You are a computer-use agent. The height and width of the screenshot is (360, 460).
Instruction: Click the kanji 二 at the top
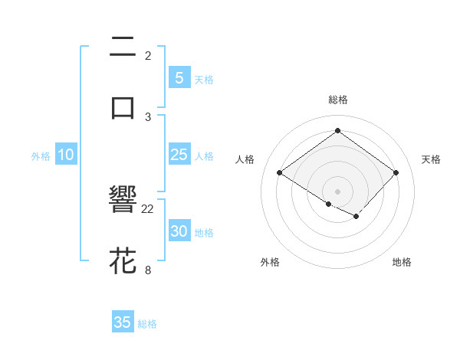tap(123, 48)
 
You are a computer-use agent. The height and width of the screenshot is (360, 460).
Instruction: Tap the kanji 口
tap(123, 107)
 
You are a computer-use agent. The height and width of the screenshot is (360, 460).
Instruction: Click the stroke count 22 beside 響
tap(148, 209)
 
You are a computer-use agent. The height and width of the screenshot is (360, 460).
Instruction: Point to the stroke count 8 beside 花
tap(148, 270)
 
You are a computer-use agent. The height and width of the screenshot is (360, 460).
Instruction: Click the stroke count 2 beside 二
tap(148, 56)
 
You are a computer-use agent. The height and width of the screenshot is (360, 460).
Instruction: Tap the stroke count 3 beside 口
tap(148, 116)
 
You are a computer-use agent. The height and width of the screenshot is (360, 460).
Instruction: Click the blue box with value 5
tap(179, 78)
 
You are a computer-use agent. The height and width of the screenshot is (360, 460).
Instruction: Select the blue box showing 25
tap(179, 155)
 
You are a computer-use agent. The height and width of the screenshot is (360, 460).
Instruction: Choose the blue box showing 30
tap(179, 231)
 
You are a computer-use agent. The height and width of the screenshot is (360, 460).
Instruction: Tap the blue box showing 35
tap(123, 322)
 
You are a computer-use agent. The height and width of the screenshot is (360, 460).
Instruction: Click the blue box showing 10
tap(65, 155)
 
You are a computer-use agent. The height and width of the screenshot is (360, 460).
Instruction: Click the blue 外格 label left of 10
tap(41, 156)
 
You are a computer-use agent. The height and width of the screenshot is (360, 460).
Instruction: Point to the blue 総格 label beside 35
tap(147, 324)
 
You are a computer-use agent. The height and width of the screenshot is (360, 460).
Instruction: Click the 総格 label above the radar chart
tap(337, 100)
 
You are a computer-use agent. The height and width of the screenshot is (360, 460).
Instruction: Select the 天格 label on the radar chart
tap(431, 159)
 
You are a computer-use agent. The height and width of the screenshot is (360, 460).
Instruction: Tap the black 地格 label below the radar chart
tap(402, 262)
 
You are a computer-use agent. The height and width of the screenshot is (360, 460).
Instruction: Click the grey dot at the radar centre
tap(337, 191)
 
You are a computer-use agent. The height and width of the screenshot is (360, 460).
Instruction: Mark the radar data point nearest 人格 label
tap(280, 173)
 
